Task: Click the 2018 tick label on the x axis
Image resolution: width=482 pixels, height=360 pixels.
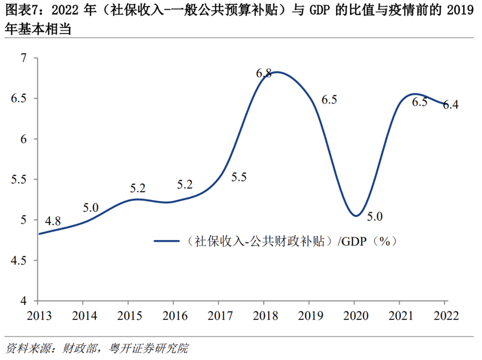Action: click(265, 316)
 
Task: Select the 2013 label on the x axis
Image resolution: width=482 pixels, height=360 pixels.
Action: click(39, 316)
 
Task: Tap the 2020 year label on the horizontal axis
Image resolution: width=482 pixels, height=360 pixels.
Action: click(356, 316)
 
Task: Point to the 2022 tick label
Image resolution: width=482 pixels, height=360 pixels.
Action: click(446, 316)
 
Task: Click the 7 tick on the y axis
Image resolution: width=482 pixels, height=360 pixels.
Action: click(23, 58)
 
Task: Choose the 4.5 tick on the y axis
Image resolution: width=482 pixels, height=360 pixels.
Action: click(18, 260)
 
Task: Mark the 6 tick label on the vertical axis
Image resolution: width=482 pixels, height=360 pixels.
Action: click(23, 139)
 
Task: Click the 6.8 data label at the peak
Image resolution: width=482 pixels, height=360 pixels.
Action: click(264, 73)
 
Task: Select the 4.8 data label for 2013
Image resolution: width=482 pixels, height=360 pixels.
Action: click(53, 221)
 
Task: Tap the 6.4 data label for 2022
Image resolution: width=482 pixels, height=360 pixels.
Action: click(451, 105)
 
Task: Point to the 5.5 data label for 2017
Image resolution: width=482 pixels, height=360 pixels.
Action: click(239, 177)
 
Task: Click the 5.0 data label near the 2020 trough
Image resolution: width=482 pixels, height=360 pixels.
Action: click(374, 216)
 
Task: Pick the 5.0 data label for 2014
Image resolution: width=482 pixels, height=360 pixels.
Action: click(91, 208)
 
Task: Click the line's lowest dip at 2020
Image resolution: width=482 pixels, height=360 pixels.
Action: click(356, 216)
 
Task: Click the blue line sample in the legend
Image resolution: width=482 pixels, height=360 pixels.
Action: click(166, 241)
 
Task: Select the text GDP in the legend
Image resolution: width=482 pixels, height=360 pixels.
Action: click(354, 241)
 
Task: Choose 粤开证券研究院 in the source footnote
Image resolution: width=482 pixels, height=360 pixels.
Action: click(148, 348)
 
